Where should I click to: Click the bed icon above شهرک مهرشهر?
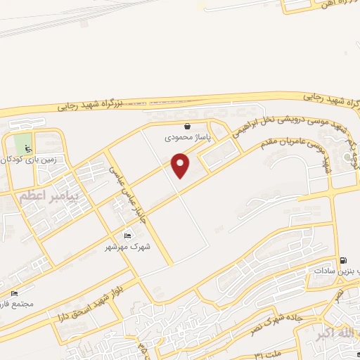pyautogui.click(x=127, y=236)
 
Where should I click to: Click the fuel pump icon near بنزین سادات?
pyautogui.click(x=342, y=261)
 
